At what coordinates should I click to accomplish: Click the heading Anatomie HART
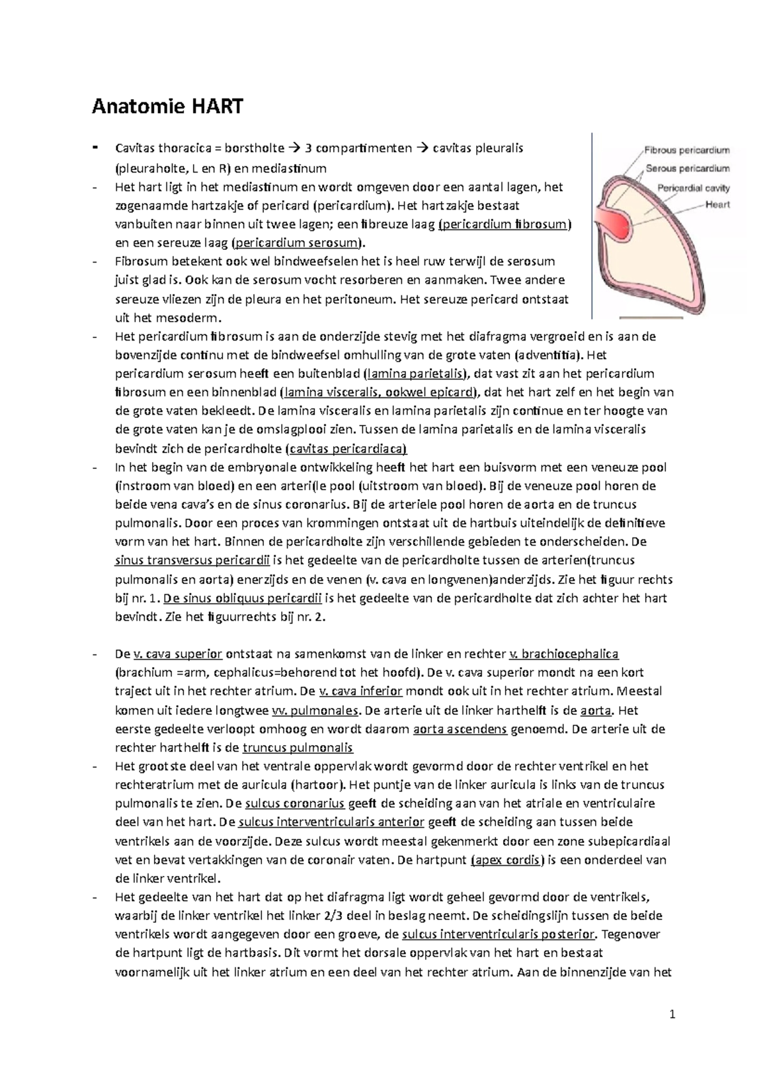click(167, 106)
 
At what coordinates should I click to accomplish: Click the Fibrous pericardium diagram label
click(686, 151)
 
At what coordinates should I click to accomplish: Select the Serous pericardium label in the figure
click(687, 169)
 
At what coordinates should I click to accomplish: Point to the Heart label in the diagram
click(717, 205)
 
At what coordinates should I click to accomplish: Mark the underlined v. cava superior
click(177, 654)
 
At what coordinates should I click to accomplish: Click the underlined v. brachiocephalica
click(563, 654)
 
